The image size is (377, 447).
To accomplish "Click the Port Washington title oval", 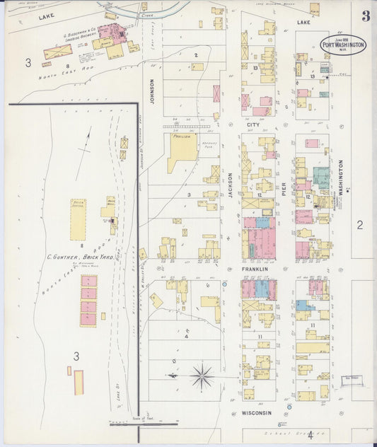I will [343, 44].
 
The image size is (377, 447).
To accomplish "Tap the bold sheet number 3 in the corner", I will [365, 16].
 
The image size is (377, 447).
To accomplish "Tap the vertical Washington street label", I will [340, 178].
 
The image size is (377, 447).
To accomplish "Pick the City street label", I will [253, 125].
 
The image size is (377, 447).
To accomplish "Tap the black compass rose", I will [203, 377].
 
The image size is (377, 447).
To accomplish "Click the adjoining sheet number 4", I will [310, 435].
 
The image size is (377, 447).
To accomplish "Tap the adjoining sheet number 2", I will [359, 225].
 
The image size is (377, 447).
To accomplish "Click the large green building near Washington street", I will [321, 177].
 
